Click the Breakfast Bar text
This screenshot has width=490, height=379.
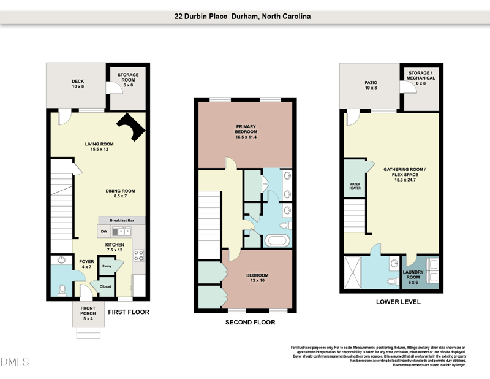click(x=122, y=220)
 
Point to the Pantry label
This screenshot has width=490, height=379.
click(x=107, y=266)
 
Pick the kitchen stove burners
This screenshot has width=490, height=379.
click(x=138, y=255)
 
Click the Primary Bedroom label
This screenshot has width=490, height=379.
click(x=245, y=131)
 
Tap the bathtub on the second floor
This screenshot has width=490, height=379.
click(x=279, y=240)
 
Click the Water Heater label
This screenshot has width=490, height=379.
click(x=355, y=186)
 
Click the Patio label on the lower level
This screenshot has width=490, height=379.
click(x=371, y=84)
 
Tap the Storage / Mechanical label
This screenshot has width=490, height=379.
click(x=421, y=78)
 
